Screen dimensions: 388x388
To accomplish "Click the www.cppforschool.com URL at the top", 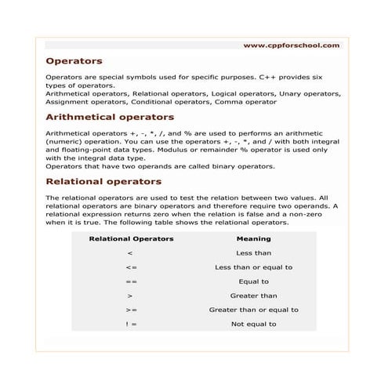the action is (x=292, y=45).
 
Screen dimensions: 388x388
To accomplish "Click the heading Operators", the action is (x=74, y=60).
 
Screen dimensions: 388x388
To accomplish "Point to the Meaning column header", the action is (x=253, y=239).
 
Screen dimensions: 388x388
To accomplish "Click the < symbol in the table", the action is (x=130, y=253).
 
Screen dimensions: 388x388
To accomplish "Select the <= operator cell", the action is (x=131, y=267).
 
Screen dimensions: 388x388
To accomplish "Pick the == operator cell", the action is (x=131, y=281).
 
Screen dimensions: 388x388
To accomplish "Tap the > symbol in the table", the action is (x=130, y=296).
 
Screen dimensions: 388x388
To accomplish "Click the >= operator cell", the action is (x=131, y=310).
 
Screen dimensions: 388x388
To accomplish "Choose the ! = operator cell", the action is (x=131, y=324).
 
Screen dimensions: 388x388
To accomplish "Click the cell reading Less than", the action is (x=253, y=253).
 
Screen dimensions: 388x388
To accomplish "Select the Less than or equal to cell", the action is (x=253, y=267).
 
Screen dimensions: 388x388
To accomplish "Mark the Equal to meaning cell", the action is (x=253, y=281).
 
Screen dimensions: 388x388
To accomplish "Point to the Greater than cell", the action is (x=253, y=296).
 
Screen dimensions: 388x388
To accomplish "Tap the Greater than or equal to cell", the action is (x=253, y=310).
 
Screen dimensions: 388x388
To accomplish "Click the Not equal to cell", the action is (x=253, y=324).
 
